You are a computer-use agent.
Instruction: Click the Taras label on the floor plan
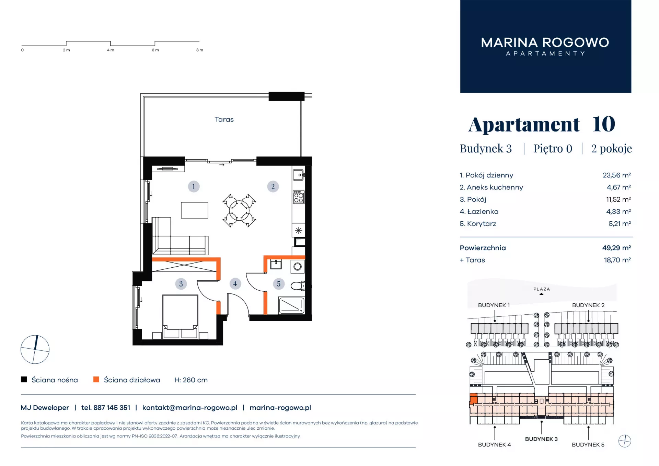(224, 119)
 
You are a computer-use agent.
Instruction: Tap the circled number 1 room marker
(194, 186)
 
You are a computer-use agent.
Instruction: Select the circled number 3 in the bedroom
(181, 284)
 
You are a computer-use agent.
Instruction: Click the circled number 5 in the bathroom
(279, 284)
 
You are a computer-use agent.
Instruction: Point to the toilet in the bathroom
(298, 286)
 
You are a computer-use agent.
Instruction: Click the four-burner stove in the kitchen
(299, 197)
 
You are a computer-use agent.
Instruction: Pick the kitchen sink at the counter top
(298, 175)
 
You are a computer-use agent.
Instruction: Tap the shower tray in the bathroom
(291, 305)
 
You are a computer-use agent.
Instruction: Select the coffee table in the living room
(195, 210)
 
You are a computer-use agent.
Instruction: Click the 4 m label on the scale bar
(111, 50)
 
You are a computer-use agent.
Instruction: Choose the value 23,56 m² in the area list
(616, 175)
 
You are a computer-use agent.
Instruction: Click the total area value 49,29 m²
(616, 248)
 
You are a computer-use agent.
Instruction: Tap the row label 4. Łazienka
(479, 211)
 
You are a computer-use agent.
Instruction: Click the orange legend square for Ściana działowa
(96, 379)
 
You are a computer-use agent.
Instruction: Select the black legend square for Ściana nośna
(24, 379)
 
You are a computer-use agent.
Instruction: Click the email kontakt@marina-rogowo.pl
(190, 408)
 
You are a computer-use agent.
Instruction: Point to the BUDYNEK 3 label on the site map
(541, 439)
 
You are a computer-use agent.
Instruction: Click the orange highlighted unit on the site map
(474, 399)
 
